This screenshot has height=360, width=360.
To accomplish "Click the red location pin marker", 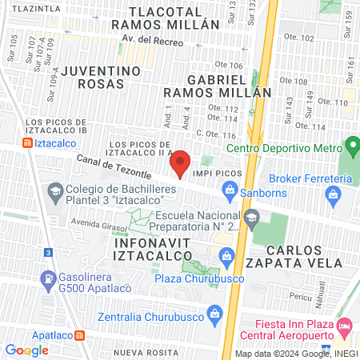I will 180,163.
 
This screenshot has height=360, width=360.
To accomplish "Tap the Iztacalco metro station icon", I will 28,143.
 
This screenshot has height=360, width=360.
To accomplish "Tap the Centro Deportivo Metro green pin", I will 350,146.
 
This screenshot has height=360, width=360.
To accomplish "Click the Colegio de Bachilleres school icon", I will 54,191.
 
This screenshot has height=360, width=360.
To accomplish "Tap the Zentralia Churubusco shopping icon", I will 214,293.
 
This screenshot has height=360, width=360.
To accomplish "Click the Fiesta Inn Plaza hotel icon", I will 345,326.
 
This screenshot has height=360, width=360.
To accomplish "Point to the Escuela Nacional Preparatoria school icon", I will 251,217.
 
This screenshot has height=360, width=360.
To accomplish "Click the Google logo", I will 27,350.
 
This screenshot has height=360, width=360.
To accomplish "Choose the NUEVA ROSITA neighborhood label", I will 145,353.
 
